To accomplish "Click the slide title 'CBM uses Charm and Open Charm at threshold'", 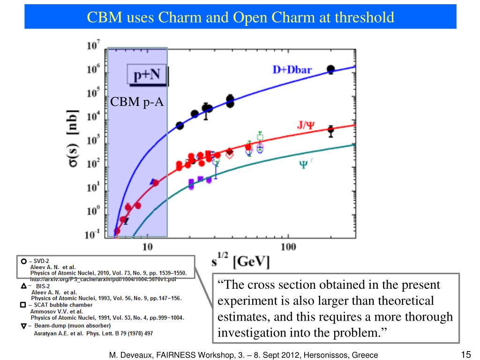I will pos(240,17).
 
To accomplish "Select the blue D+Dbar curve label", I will pos(292,70).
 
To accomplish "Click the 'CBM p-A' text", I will pos(137,102).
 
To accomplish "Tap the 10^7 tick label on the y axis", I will pos(93,46).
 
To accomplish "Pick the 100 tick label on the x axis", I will pos(288,247).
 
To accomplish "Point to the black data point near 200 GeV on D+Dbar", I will pos(331,69).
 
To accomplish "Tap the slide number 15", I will pos(465,354).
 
